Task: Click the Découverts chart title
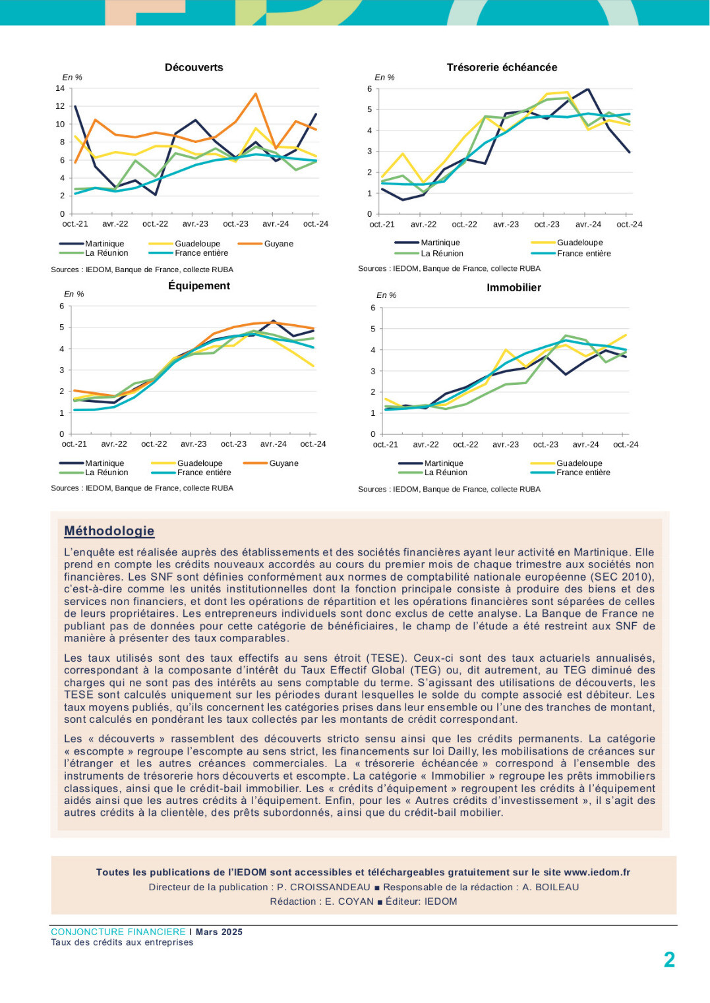pos(194,67)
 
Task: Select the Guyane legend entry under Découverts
pos(266,244)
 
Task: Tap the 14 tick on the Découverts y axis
pos(60,88)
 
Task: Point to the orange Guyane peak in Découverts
pos(255,94)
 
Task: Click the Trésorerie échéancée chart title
pos(502,67)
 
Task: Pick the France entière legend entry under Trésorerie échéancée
pos(571,254)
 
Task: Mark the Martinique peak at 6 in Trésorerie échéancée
pos(587,89)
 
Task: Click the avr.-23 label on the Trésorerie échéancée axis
pos(506,224)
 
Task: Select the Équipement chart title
pos(199,285)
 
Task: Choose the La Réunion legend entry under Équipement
pos(94,473)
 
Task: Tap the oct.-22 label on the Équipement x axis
pos(154,444)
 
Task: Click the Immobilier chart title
pos(514,287)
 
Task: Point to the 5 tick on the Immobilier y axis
pos(372,329)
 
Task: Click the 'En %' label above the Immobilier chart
pos(386,295)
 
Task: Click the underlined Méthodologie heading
pos(109,531)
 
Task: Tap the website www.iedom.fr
pos(597,872)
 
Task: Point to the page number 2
pos(669,960)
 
